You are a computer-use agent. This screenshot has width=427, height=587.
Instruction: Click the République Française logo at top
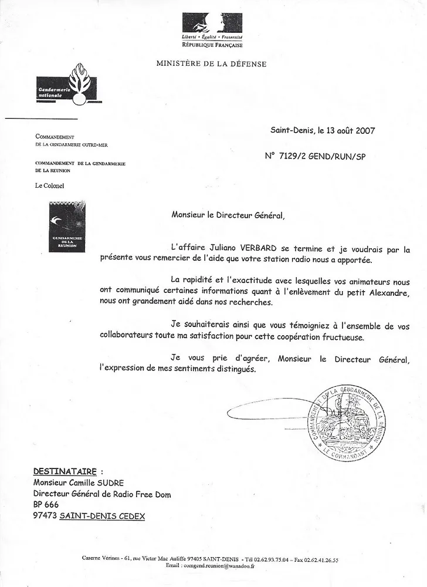coord(212,29)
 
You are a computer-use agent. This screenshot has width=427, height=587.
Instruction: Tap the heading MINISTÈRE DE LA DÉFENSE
coord(211,64)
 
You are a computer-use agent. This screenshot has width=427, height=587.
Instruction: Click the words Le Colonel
coord(50,186)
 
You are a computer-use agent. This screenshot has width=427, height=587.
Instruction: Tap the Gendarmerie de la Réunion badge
coord(67,226)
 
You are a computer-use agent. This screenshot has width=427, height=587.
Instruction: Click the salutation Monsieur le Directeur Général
coord(228,215)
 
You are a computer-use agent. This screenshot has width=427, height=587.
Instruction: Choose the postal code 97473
coord(45,516)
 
